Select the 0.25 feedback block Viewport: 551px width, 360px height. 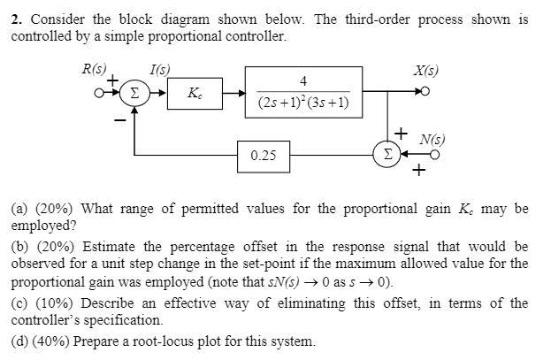pos(263,155)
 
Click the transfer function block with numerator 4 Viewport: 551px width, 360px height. pos(303,91)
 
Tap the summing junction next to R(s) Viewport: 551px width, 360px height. pos(134,91)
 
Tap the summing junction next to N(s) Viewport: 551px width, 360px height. pos(386,155)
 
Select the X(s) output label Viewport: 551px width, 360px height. pos(425,69)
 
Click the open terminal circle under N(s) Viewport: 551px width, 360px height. pos(435,155)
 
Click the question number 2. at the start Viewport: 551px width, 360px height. pos(16,19)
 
